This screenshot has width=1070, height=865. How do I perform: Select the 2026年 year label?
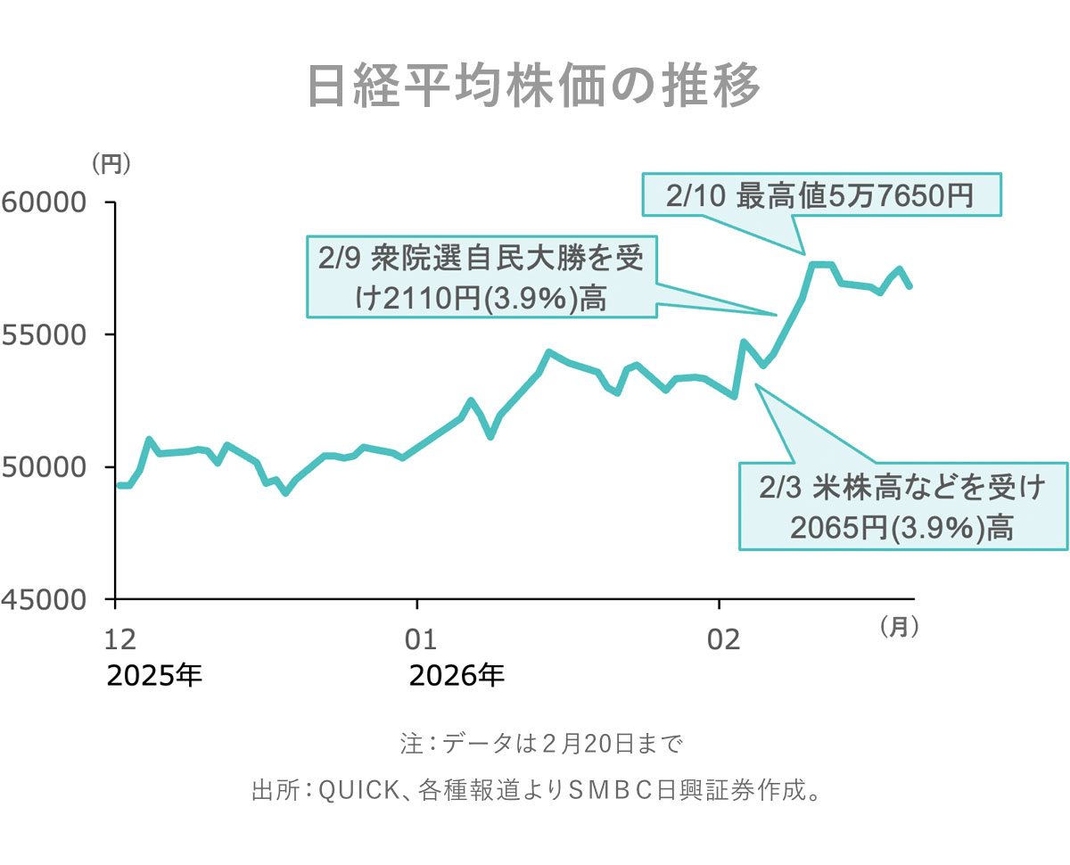pos(457,675)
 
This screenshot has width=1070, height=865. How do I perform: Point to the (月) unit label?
pos(899,627)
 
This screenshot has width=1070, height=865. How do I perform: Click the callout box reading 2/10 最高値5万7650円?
pos(821,194)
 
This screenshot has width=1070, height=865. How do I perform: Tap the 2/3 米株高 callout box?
pos(901,506)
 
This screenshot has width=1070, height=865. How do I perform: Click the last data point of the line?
pos(909,286)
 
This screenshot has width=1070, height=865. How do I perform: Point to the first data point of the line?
pos(119,485)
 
